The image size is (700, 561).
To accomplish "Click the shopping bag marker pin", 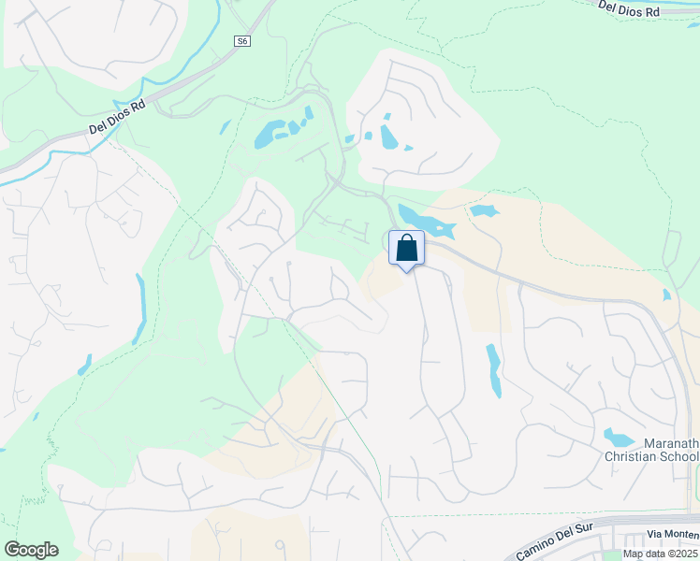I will click(406, 249).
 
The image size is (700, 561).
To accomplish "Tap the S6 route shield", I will click(242, 41).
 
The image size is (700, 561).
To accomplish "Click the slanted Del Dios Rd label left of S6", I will click(117, 119).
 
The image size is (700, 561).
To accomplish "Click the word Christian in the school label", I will click(635, 456).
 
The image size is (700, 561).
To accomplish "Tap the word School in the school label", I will click(681, 456).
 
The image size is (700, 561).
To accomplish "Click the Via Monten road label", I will click(673, 533).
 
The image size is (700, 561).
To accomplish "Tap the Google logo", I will click(31, 550).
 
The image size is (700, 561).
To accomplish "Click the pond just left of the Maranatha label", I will click(619, 437).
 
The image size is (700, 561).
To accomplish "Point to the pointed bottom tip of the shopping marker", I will click(406, 272).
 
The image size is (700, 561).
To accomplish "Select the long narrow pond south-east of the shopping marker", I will click(492, 369).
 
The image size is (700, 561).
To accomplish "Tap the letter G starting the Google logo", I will click(12, 550).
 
